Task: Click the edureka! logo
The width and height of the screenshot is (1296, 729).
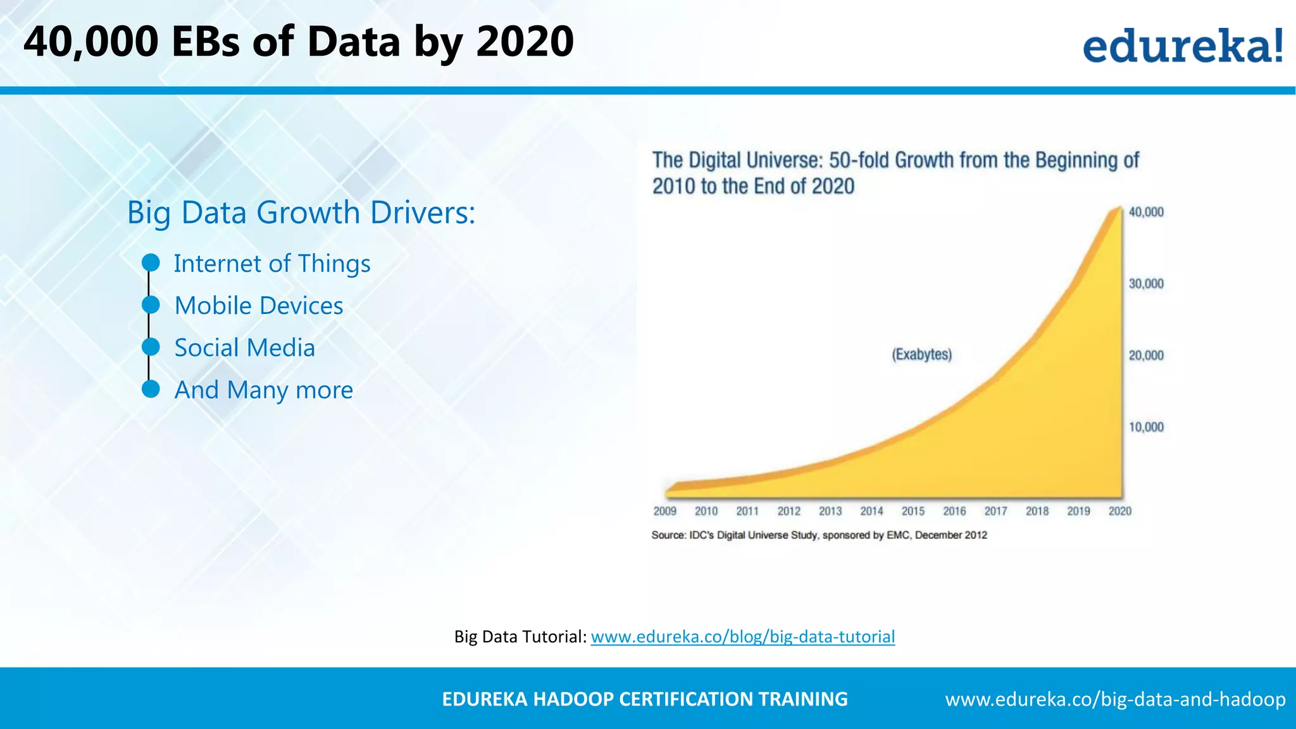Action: [1183, 46]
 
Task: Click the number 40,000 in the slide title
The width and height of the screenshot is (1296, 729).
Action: [90, 42]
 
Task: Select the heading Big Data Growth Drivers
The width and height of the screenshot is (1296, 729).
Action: [301, 213]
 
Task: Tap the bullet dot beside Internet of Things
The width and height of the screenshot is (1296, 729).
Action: [151, 263]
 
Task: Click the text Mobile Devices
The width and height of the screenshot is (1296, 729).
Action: [259, 306]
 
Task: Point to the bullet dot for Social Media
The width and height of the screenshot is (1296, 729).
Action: [151, 347]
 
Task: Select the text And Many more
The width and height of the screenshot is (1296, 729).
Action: [264, 390]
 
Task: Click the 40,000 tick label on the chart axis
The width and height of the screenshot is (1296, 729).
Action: [1146, 212]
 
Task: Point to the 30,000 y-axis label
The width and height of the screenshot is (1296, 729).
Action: [1146, 283]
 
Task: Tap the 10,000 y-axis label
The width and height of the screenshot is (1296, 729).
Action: [1146, 427]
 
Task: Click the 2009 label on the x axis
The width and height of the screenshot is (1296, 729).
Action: [664, 511]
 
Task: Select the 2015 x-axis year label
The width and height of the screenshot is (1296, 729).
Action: [913, 511]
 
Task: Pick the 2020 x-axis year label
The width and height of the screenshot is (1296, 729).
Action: [1119, 511]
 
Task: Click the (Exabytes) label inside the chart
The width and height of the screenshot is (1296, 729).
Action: [921, 354]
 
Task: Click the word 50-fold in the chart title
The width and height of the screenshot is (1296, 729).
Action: [859, 160]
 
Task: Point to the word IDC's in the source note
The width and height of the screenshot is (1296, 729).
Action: [702, 535]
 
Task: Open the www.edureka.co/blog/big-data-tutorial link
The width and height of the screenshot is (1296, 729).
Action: [742, 637]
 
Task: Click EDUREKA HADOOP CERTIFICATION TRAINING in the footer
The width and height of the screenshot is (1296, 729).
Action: [644, 699]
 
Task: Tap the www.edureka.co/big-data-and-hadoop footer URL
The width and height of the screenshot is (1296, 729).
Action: [1115, 699]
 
